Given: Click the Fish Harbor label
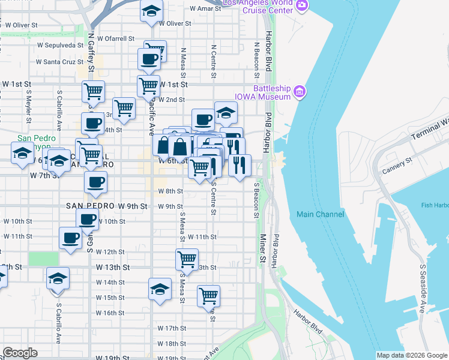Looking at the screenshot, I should pos(435,206).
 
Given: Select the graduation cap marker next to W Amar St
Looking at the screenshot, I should pos(152,10).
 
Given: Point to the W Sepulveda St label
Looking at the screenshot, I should pos(59,45).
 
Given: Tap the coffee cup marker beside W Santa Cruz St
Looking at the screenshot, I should pos(149,59).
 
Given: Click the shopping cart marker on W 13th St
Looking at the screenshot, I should pos(187,259).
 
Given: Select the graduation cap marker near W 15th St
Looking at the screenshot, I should pos(160,289).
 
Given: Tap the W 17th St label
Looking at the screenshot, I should pos(172,328).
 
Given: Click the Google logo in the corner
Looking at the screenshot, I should pos(20,353).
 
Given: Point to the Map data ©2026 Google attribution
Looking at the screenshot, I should pos(412,355).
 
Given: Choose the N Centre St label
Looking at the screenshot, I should pos(213,61).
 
